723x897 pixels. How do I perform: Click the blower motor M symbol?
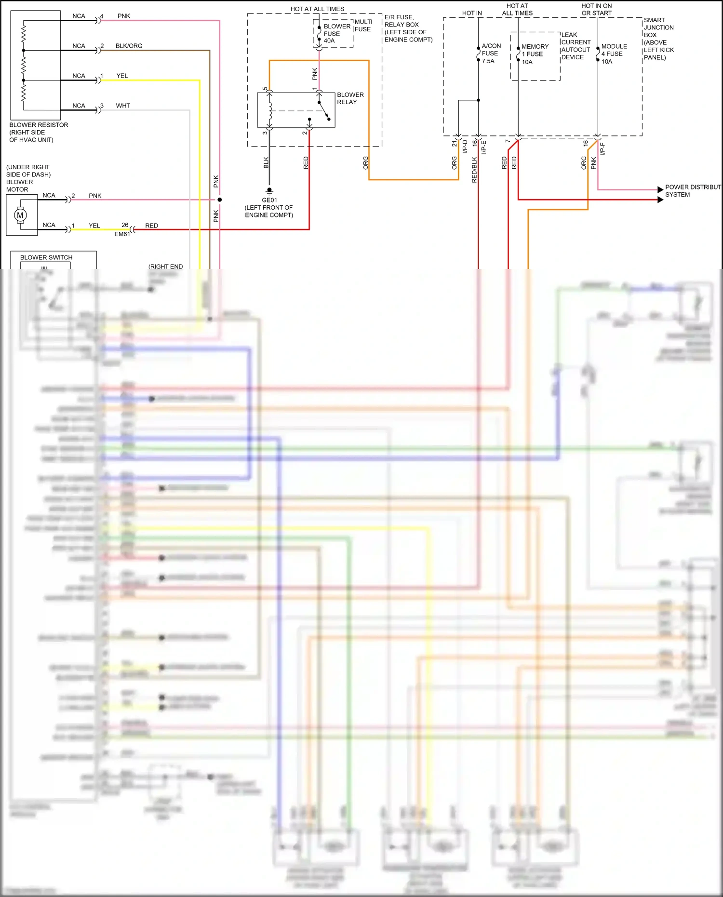pyautogui.click(x=20, y=215)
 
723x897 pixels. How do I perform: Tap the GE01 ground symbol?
pyautogui.click(x=269, y=191)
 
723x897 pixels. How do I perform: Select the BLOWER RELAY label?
pyautogui.click(x=350, y=98)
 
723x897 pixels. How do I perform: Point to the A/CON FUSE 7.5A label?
pyautogui.click(x=491, y=54)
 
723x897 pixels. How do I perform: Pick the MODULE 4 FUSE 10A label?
pyautogui.click(x=614, y=54)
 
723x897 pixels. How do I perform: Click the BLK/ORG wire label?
pyautogui.click(x=129, y=46)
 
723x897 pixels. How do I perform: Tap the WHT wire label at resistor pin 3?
pyautogui.click(x=123, y=106)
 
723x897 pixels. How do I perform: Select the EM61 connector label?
pyautogui.click(x=122, y=234)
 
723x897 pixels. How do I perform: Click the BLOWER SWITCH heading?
pyautogui.click(x=46, y=257)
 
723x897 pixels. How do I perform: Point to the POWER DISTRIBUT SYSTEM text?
pyautogui.click(x=692, y=191)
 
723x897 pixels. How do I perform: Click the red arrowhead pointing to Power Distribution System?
pyautogui.click(x=660, y=200)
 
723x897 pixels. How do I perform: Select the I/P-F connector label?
pyautogui.click(x=602, y=149)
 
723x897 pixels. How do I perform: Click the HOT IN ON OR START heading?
pyautogui.click(x=596, y=10)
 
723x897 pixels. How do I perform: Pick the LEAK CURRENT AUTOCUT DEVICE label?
pyautogui.click(x=576, y=46)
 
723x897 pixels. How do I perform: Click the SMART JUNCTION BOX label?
pyautogui.click(x=658, y=39)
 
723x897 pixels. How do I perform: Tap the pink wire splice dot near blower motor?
pyautogui.click(x=219, y=200)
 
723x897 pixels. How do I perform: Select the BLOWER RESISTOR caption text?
pyautogui.click(x=39, y=132)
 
